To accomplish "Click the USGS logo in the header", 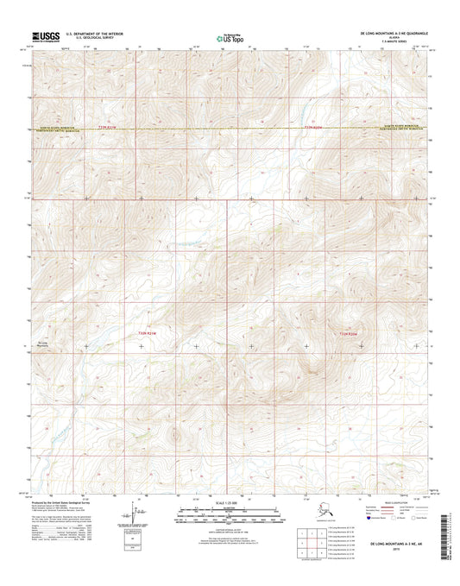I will [43, 36].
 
